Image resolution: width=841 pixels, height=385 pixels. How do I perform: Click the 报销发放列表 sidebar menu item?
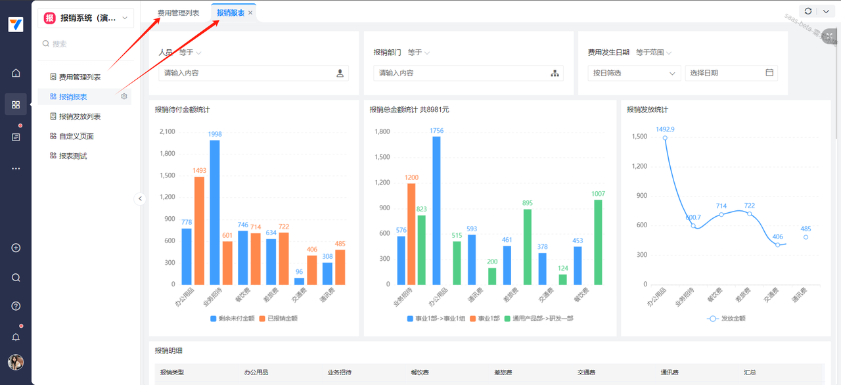(80, 116)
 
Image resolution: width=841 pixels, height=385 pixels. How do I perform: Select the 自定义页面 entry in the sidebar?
(76, 136)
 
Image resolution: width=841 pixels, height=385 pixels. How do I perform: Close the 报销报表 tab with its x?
(250, 13)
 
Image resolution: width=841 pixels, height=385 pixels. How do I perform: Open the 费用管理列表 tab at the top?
(178, 13)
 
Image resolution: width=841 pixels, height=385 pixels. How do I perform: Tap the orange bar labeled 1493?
(199, 230)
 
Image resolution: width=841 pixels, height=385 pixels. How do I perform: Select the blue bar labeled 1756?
(436, 210)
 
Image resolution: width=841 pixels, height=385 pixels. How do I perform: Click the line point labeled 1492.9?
(665, 138)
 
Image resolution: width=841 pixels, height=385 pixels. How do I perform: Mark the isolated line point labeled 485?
(806, 237)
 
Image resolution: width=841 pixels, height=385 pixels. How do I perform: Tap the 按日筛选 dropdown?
(633, 73)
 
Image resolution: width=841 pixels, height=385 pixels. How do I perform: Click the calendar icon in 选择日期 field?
(769, 73)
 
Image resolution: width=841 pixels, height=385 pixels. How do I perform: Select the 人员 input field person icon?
(340, 74)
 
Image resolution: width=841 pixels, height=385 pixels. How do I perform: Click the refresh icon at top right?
(808, 11)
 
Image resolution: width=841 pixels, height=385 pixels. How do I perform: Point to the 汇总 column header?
(750, 373)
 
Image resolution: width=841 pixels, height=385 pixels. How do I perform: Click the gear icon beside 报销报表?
(124, 97)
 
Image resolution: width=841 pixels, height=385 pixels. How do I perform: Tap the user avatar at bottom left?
(16, 362)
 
